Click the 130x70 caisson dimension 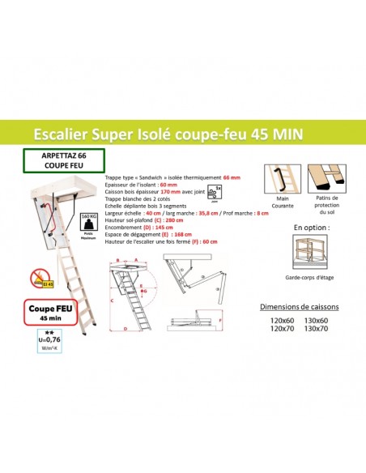coord(317,330)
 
